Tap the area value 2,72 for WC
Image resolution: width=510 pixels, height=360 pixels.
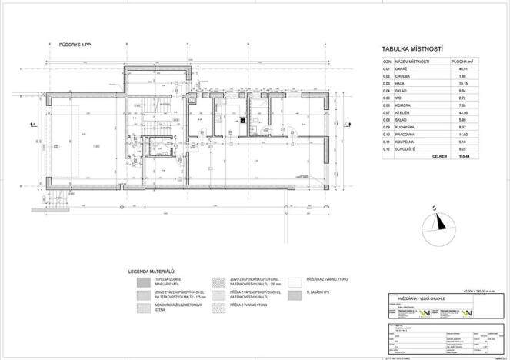click(x=462, y=98)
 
